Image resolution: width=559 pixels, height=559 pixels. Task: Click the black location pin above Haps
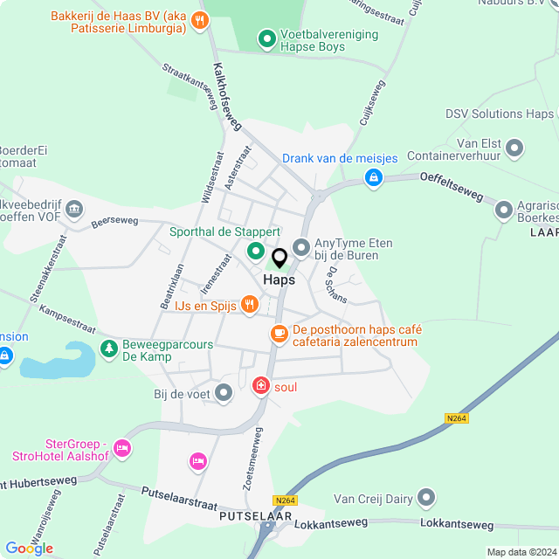279,259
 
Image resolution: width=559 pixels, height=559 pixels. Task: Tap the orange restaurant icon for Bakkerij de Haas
201,19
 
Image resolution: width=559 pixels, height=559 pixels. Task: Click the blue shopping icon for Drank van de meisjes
374,177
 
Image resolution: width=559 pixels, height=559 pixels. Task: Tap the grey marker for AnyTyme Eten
302,248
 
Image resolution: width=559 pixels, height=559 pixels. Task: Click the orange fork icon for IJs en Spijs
250,304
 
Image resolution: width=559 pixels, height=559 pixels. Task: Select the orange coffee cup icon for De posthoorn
279,333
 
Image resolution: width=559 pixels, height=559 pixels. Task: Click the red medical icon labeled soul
260,385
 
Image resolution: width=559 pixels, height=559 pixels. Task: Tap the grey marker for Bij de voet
224,394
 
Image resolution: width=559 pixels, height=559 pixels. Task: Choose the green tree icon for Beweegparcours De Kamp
108,349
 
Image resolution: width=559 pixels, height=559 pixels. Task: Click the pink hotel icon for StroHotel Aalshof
121,448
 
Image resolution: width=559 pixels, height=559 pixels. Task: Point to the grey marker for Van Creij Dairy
426,498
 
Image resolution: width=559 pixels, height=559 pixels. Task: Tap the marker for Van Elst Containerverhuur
514,148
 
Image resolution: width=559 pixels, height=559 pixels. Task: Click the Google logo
29,548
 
